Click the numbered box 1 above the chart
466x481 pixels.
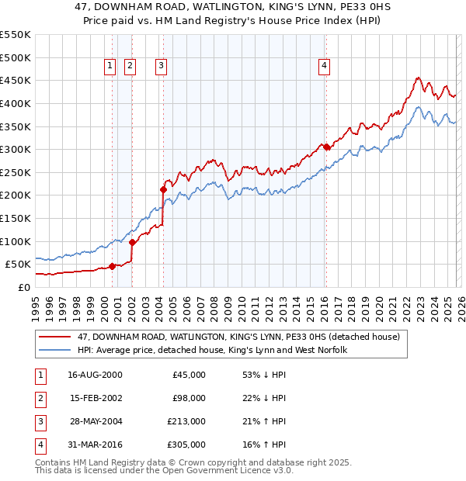(x=110, y=67)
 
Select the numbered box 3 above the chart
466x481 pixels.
(x=161, y=67)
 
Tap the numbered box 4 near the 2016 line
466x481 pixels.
(x=323, y=67)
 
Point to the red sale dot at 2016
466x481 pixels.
(x=327, y=147)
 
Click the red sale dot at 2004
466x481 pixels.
(x=164, y=189)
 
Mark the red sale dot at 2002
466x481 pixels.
(x=132, y=241)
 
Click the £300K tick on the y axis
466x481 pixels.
(x=16, y=149)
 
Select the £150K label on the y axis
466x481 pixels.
(x=16, y=218)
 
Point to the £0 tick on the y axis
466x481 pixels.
(x=23, y=287)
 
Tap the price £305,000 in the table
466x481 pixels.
(x=186, y=445)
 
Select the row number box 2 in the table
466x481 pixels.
(x=39, y=399)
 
